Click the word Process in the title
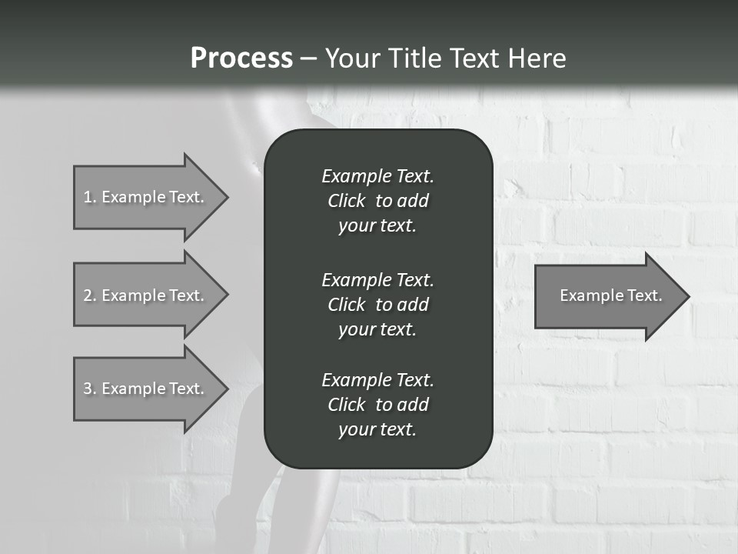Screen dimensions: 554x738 241,58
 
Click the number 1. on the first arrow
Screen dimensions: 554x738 89,197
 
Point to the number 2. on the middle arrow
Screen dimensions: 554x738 89,295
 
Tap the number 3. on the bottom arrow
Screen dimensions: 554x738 89,389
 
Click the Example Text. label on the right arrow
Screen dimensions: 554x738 610,295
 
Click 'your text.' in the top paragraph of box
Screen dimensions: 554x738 377,226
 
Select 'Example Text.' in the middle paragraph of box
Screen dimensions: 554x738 377,280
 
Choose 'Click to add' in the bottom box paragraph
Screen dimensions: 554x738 377,405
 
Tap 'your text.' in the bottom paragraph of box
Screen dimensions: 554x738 377,430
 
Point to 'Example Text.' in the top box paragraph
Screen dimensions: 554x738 377,176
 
